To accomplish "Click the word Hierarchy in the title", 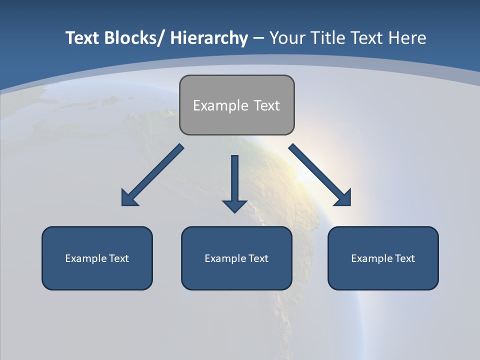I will pyautogui.click(x=208, y=38).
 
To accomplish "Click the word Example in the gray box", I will pyautogui.click(x=220, y=105).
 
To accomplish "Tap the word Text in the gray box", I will pyautogui.click(x=266, y=105).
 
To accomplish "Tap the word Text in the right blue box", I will pyautogui.click(x=404, y=258).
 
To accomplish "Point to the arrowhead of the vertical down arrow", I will pyautogui.click(x=234, y=205).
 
